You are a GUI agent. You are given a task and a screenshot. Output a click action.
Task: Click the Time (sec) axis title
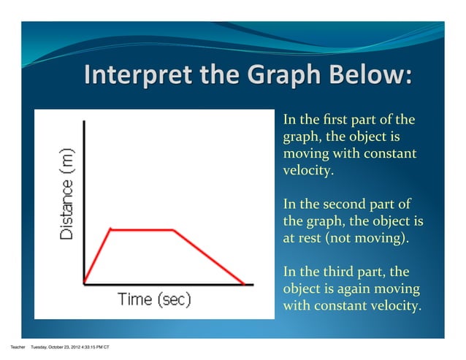click(154, 299)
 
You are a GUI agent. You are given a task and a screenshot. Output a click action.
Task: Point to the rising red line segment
click(98, 256)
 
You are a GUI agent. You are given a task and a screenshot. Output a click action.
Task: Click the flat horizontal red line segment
click(142, 229)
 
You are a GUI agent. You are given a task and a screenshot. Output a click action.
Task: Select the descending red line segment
click(209, 256)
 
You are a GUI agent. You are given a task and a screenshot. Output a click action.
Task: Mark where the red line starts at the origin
click(85, 283)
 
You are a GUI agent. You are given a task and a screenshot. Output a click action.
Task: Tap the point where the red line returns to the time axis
click(244, 283)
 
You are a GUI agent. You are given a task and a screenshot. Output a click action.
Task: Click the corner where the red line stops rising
click(110, 229)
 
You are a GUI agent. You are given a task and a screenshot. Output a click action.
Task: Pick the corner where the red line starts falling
click(174, 229)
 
